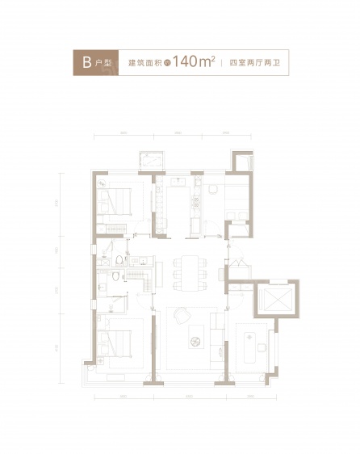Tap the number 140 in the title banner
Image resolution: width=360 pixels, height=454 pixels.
tap(188, 63)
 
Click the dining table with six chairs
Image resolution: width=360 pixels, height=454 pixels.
tap(190, 273)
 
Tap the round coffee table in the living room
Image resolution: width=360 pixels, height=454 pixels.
tap(195, 342)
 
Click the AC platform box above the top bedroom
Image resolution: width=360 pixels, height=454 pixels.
tap(151, 159)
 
